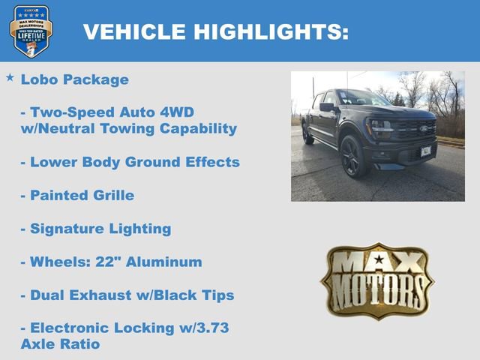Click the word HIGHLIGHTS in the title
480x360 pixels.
point(271,32)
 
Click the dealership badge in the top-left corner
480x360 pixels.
point(31,31)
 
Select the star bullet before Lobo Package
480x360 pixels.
point(10,77)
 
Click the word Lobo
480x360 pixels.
point(38,79)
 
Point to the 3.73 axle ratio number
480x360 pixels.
point(209,328)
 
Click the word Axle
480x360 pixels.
point(37,344)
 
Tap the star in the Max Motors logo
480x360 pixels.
point(377,260)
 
